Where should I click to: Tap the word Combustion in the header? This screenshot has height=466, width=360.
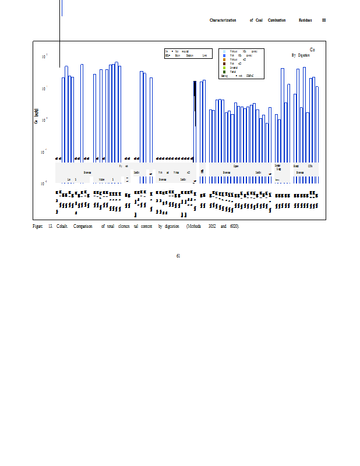click(277, 20)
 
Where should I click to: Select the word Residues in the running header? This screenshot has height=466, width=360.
click(305, 20)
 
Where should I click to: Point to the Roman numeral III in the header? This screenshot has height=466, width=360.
click(324, 20)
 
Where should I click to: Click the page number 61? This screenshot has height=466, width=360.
click(178, 255)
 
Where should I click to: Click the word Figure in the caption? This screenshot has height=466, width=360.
click(37, 226)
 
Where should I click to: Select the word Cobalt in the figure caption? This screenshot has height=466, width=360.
click(62, 226)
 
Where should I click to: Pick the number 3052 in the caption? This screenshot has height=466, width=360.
click(204, 226)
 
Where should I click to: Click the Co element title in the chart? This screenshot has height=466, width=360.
click(313, 50)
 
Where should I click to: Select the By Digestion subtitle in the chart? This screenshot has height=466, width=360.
click(301, 55)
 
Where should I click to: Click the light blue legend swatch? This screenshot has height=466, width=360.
click(224, 51)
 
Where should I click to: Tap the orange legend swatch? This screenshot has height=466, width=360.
click(224, 59)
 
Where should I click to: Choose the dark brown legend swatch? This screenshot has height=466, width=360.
click(224, 63)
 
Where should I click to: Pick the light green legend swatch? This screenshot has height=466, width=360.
click(224, 68)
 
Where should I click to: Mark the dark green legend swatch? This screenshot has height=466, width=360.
click(224, 72)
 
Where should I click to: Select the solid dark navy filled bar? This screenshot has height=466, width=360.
click(195, 93)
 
